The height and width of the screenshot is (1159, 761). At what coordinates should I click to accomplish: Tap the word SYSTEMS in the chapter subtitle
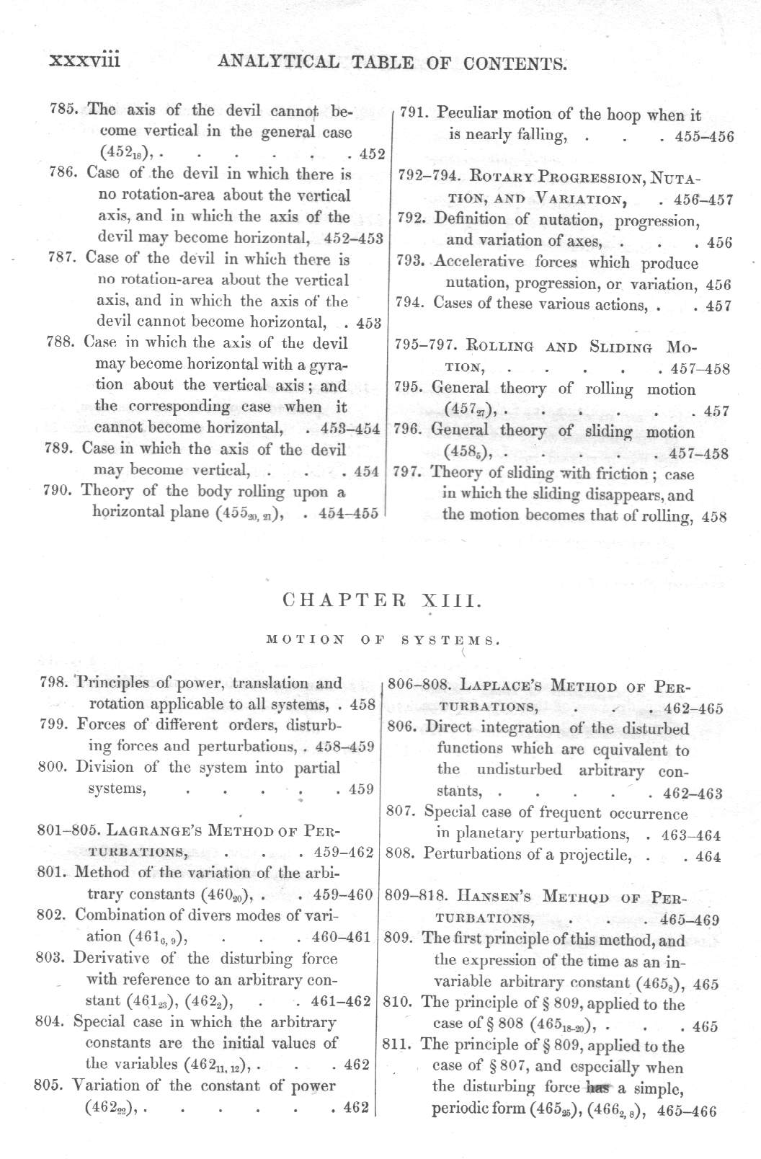(x=450, y=639)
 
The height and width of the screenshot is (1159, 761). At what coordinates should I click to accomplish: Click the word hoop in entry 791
(x=623, y=114)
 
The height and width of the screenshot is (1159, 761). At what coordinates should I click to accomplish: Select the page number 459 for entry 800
(x=360, y=789)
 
